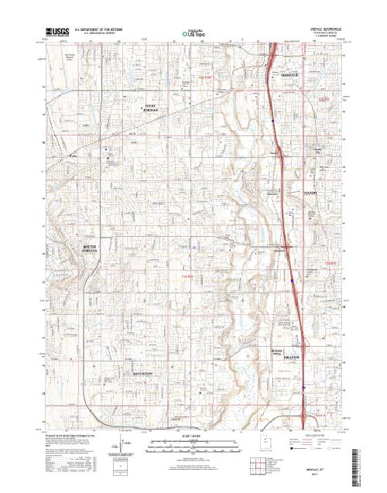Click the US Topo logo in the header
pyautogui.click(x=193, y=33)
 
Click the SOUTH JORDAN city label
pyautogui.click(x=94, y=249)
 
